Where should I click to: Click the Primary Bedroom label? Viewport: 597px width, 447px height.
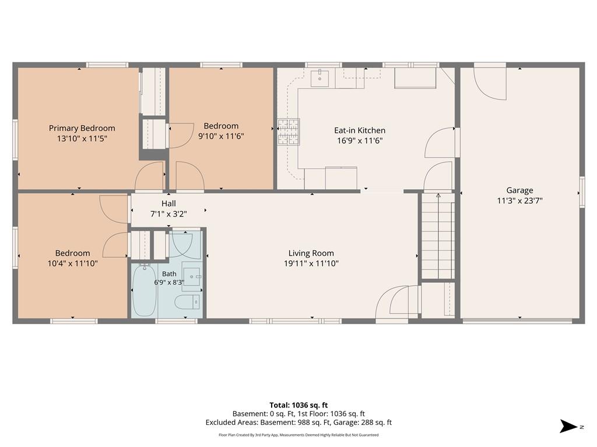pyautogui.click(x=82, y=128)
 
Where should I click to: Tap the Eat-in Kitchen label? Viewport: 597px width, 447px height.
pyautogui.click(x=360, y=130)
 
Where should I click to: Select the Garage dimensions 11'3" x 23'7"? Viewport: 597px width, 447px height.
pyautogui.click(x=519, y=200)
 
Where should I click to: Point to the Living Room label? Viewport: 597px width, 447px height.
pyautogui.click(x=311, y=253)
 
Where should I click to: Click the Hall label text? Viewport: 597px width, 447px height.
pyautogui.click(x=168, y=203)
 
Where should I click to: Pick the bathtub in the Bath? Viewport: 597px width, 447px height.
pyautogui.click(x=145, y=290)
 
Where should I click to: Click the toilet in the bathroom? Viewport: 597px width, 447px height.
pyautogui.click(x=187, y=302)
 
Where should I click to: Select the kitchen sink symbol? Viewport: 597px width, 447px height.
pyautogui.click(x=320, y=79)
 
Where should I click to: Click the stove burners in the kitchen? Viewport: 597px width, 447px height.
pyautogui.click(x=289, y=132)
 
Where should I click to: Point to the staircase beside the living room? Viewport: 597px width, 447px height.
pyautogui.click(x=438, y=236)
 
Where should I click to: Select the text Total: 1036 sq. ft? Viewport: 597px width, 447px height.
pyautogui.click(x=298, y=405)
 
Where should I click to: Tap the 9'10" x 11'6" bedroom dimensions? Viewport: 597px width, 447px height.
pyautogui.click(x=221, y=136)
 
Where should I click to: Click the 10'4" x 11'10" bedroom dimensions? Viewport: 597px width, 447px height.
pyautogui.click(x=72, y=263)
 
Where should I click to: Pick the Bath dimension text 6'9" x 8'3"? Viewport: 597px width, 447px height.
pyautogui.click(x=169, y=282)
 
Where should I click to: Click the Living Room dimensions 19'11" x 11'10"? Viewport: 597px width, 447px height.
pyautogui.click(x=311, y=263)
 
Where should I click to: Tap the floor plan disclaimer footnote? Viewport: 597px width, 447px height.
pyautogui.click(x=298, y=435)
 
